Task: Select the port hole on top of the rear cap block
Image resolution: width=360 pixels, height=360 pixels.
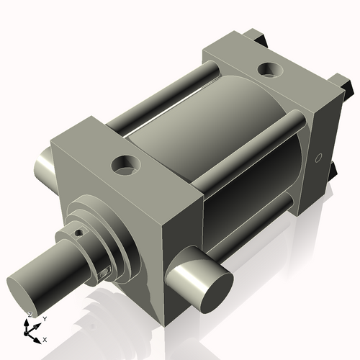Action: pos(270,70)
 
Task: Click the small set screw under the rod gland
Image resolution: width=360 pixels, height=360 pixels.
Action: pos(104,271)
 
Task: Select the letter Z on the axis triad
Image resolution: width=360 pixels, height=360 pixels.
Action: pos(29,315)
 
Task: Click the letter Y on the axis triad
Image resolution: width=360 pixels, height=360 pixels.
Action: pos(44,318)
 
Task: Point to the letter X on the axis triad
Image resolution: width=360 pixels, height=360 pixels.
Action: pos(45,338)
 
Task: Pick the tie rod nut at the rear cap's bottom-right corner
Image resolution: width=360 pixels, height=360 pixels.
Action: pos(332,169)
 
